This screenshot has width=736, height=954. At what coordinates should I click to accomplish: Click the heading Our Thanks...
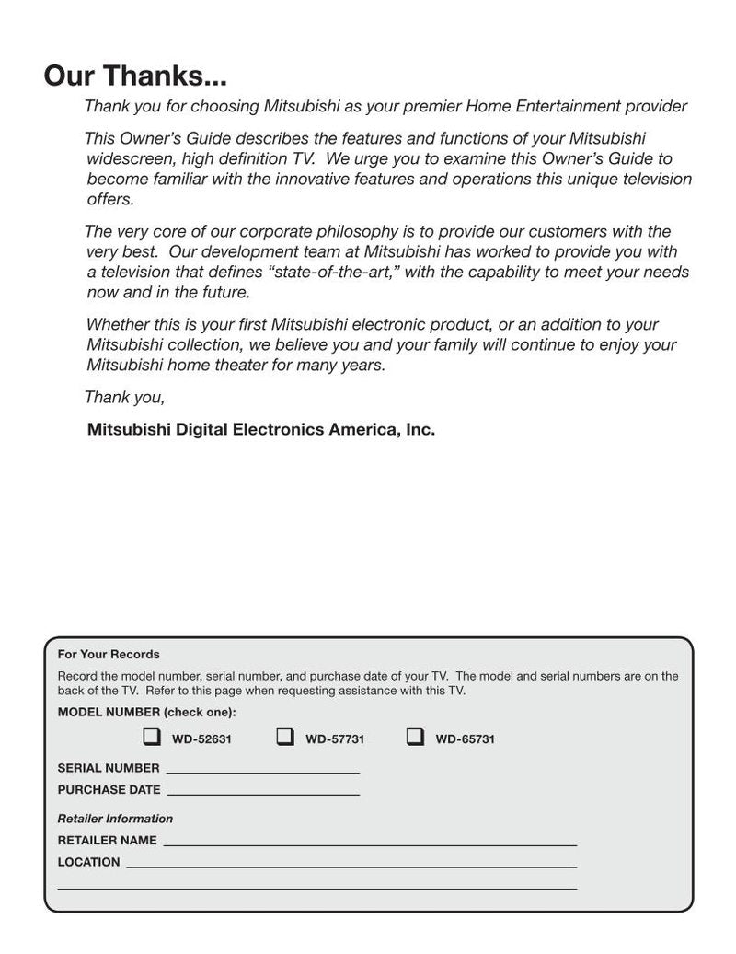point(135,76)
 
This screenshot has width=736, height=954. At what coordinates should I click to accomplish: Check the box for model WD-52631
point(151,737)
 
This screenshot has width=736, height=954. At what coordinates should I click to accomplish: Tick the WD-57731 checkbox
point(285,737)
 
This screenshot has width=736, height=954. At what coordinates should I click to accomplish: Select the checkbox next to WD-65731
point(415,737)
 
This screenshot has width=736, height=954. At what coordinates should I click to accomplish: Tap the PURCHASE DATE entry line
point(263,793)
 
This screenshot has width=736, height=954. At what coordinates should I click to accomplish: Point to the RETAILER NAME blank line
point(370,843)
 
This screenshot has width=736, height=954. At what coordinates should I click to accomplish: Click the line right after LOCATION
point(351,866)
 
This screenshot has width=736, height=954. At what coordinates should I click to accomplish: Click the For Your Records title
point(109,655)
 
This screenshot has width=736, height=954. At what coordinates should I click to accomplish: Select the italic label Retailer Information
point(115,819)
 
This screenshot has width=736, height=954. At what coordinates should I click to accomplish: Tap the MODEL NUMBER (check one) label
point(146,713)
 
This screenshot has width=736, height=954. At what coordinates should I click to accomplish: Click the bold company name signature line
point(260,429)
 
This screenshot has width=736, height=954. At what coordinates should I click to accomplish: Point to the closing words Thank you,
point(125,398)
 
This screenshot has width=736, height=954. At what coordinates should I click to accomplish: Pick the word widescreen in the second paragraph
point(126,158)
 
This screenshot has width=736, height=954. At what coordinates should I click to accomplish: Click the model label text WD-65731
point(465,739)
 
